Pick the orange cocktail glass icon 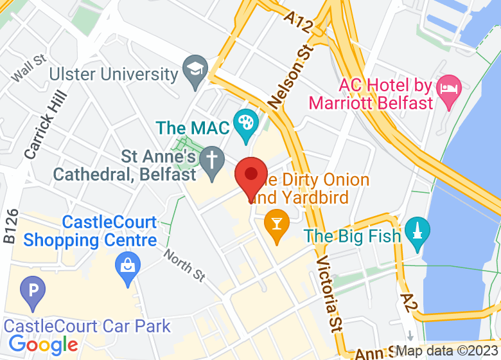(x=276, y=225)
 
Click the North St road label (x=184, y=265)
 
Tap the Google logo (x=43, y=345)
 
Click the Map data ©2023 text (x=447, y=352)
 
